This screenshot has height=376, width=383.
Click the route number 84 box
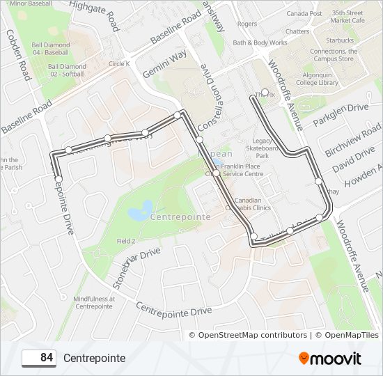click(39, 358)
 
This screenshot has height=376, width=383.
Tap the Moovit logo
click(330, 359)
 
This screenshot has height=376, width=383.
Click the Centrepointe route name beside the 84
click(94, 359)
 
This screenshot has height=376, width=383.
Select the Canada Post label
click(304, 13)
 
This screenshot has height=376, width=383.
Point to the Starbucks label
click(339, 40)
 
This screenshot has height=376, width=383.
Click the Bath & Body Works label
click(260, 42)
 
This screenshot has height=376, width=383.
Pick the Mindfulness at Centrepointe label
click(93, 302)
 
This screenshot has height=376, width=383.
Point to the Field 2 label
click(126, 241)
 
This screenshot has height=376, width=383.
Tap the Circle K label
click(119, 63)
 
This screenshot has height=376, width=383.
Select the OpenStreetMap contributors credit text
click(252, 335)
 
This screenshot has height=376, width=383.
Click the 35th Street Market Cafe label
click(348, 17)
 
